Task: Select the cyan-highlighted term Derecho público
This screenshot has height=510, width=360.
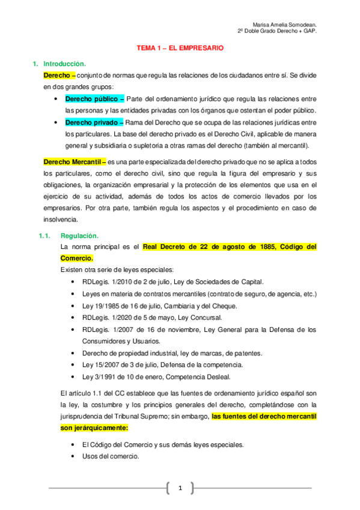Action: tap(92, 99)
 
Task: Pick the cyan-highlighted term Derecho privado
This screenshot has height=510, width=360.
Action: tap(92, 122)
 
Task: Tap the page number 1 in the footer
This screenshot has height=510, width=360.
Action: tap(180, 488)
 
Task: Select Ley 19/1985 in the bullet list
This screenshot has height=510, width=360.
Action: tap(103, 306)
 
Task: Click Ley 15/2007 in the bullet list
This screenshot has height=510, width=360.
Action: tap(103, 364)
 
